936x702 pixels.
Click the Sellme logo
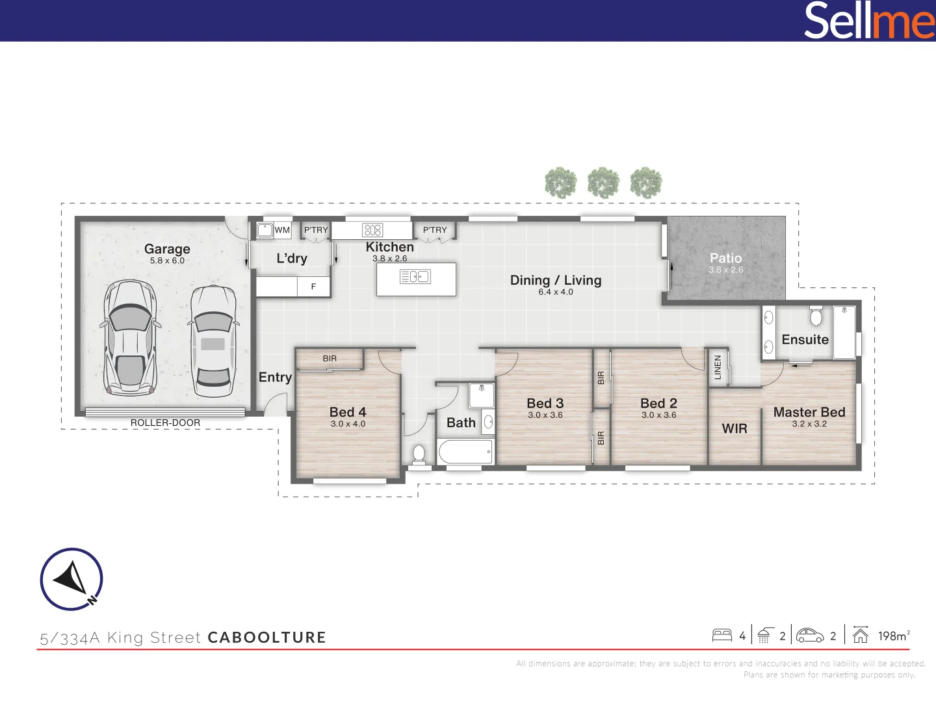pos(868,21)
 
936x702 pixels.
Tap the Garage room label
pos(167,249)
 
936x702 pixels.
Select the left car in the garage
pos(131,338)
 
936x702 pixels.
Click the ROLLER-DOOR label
pos(165,422)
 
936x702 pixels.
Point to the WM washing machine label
pos(282,230)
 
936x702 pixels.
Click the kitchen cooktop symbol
pos(372,229)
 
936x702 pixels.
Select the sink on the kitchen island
pos(415,277)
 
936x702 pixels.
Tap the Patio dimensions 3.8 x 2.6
pos(725,270)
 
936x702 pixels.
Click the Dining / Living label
pos(556,280)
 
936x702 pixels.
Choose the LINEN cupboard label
pos(718,367)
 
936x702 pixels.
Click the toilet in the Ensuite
pos(816,317)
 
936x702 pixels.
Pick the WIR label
pos(734,428)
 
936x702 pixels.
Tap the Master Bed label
pos(809,412)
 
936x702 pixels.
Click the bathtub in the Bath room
pos(465,451)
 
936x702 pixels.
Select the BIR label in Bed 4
pos(330,358)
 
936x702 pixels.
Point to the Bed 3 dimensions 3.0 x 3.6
pos(545,415)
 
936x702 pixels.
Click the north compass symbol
pos(71,579)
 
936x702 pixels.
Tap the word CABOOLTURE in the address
pos(266,638)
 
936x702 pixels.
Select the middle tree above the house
pos(603,183)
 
